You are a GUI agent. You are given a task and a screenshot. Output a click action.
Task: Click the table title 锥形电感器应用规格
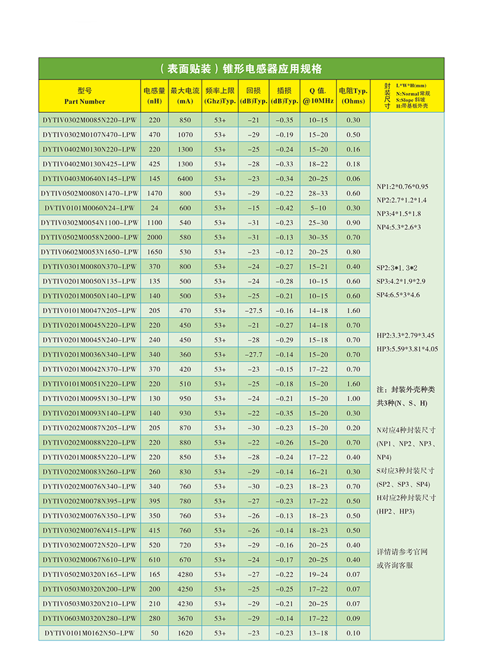click(241, 69)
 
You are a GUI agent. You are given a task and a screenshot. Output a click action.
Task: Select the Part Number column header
click(85, 96)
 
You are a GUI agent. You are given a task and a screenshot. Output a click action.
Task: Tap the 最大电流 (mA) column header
click(185, 96)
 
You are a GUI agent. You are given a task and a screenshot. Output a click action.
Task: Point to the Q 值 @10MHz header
click(318, 96)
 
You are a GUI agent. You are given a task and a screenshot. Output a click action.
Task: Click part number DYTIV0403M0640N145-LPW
click(90, 179)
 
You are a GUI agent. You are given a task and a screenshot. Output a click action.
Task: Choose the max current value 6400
click(185, 179)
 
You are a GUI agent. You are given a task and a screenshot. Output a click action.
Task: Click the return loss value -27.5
click(253, 311)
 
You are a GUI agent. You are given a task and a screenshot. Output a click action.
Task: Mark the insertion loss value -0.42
click(284, 208)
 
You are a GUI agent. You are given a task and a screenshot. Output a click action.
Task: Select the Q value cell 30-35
click(318, 237)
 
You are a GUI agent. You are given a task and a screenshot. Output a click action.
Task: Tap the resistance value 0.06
click(353, 179)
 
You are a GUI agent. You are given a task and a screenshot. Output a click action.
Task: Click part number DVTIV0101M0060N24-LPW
click(90, 208)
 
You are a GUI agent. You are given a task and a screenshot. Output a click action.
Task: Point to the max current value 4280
click(185, 575)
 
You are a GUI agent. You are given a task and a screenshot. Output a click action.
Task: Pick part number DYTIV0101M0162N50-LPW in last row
click(90, 633)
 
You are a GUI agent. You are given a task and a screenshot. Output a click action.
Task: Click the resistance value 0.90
click(353, 223)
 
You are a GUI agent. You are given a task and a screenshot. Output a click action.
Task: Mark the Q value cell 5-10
click(318, 208)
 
